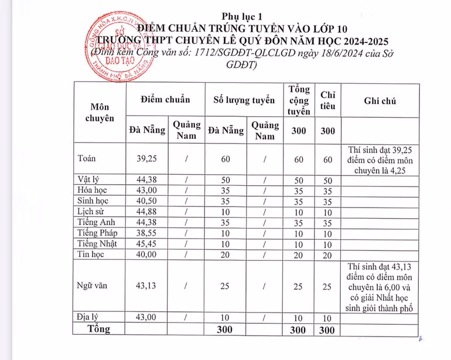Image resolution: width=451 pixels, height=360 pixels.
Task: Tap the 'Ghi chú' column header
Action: (380, 101)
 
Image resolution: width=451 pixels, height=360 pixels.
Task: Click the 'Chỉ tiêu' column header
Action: (328, 100)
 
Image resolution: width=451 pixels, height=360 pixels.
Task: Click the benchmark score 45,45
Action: (147, 244)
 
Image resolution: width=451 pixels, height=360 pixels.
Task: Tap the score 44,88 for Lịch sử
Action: (147, 212)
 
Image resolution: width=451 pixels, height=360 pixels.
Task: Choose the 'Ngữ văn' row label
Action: (91, 286)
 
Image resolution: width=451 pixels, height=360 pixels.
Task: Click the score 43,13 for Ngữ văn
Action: (147, 286)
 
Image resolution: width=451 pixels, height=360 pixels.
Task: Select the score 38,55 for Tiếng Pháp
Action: (147, 233)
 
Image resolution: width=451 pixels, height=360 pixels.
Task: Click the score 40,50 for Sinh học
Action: (147, 201)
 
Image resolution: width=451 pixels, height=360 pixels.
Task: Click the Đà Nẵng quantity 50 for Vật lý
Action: (225, 180)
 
